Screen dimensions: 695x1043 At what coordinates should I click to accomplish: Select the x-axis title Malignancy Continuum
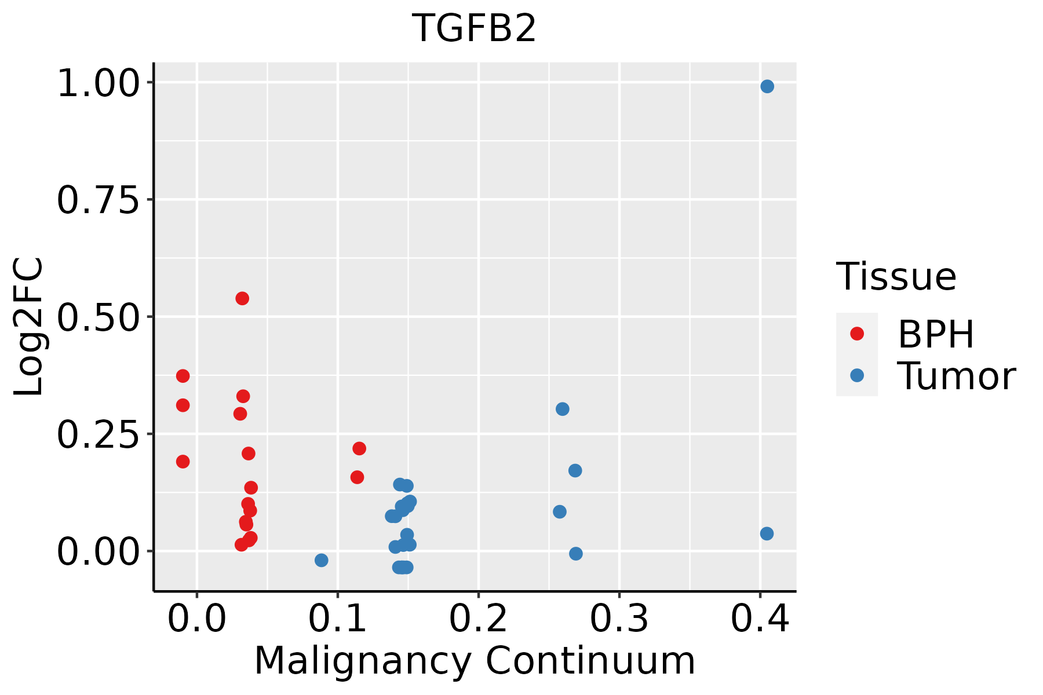tap(474, 661)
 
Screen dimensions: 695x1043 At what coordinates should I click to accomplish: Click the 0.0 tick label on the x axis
tap(197, 619)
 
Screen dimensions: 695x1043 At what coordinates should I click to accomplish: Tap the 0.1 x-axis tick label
tap(338, 619)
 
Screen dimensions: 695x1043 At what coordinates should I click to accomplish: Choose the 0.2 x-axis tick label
tap(479, 619)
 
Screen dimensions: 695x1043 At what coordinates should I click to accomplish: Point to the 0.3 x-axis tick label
tap(619, 619)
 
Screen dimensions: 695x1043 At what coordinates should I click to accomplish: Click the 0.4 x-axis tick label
tap(760, 619)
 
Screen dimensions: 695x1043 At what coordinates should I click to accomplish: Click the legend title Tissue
tap(896, 276)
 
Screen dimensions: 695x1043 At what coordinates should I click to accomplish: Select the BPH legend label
tap(936, 334)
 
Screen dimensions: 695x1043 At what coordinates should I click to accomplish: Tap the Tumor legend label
tap(956, 376)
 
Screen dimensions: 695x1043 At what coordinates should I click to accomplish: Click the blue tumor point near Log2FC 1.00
tap(767, 87)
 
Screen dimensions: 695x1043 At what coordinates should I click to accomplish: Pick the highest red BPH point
tap(242, 298)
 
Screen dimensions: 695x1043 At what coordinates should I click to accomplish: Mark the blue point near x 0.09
tap(322, 560)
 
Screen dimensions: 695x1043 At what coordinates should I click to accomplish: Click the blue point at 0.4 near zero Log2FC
tap(767, 533)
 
